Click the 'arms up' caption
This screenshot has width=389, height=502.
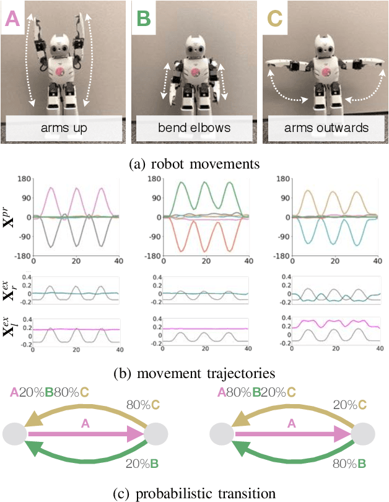(x=64, y=128)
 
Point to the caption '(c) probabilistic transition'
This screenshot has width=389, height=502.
(x=194, y=493)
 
